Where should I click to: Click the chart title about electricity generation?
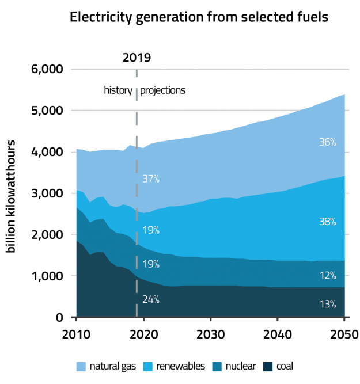[199, 17]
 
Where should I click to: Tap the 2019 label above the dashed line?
[137, 57]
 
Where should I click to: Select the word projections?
[163, 90]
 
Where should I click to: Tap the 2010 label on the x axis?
[77, 334]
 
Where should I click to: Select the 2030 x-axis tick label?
[211, 334]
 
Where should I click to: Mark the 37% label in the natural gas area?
[151, 179]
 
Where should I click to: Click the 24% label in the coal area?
[151, 299]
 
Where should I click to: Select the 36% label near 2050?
[327, 142]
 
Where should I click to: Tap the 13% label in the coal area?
[327, 304]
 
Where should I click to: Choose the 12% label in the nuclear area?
[327, 276]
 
